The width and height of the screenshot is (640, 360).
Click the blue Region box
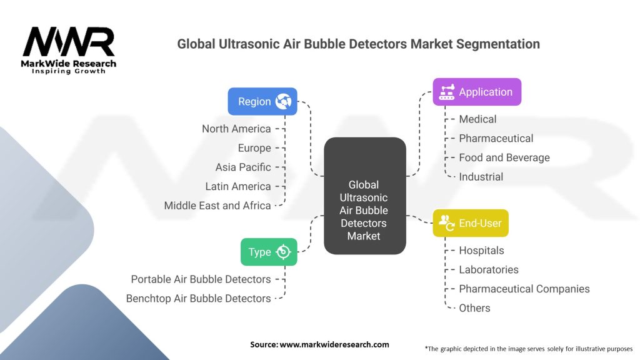tap(262, 101)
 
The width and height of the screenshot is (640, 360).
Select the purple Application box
tap(476, 92)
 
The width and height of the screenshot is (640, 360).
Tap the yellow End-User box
tap(470, 223)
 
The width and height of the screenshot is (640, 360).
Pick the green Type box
tap(269, 252)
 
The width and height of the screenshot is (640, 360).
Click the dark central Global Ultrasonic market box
tap(364, 196)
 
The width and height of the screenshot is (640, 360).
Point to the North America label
tap(236, 129)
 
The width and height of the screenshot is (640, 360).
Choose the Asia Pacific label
tap(243, 167)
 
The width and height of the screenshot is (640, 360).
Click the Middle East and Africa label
tap(217, 206)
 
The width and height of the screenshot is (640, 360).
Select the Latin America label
tap(238, 186)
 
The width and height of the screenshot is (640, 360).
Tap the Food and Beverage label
tap(504, 157)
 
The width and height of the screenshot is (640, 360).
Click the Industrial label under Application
tap(481, 177)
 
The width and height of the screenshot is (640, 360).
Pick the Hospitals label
tap(481, 250)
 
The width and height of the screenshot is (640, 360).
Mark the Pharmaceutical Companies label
tap(524, 289)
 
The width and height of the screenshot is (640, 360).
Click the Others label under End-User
tap(474, 308)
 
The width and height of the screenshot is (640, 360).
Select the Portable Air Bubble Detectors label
tap(201, 279)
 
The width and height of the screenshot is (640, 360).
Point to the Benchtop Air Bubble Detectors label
tap(199, 299)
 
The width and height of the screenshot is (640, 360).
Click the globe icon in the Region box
tap(283, 101)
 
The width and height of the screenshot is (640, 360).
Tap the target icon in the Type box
tap(284, 252)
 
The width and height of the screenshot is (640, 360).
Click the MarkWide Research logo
tap(69, 50)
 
